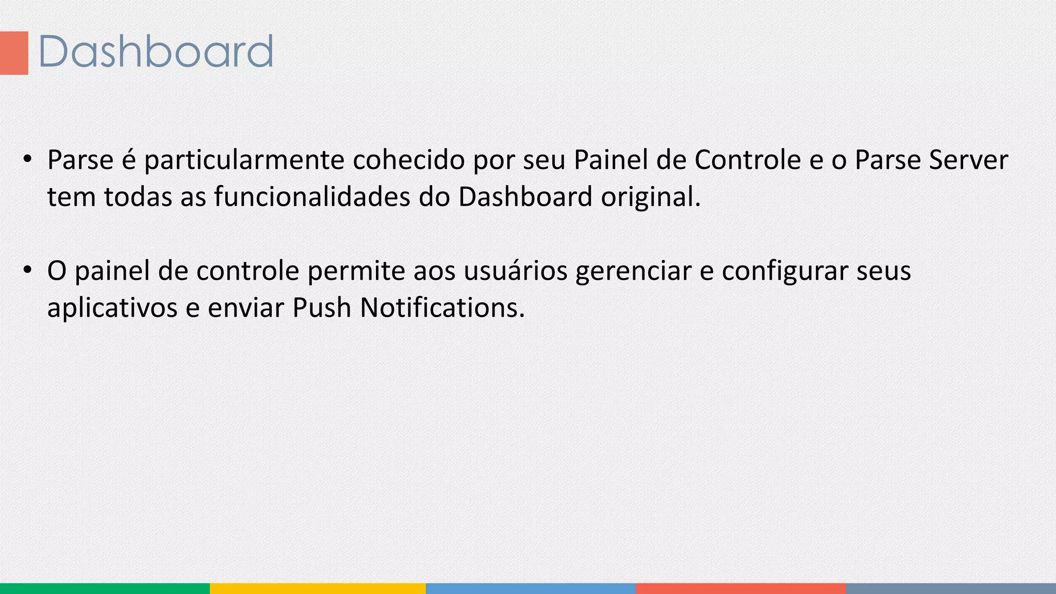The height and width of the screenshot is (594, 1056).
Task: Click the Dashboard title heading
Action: pyautogui.click(x=155, y=52)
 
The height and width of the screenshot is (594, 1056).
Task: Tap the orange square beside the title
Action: pyautogui.click(x=14, y=53)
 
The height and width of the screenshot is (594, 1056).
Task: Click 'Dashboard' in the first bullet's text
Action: pyautogui.click(x=525, y=197)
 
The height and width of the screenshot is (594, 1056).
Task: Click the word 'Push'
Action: pyautogui.click(x=322, y=308)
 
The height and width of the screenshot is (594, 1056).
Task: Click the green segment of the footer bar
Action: pyautogui.click(x=105, y=588)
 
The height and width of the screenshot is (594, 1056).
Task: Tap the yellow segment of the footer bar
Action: pyautogui.click(x=318, y=588)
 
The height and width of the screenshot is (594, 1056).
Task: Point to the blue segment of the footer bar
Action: pyautogui.click(x=531, y=588)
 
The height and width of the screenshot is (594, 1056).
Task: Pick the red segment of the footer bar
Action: pyautogui.click(x=740, y=588)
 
